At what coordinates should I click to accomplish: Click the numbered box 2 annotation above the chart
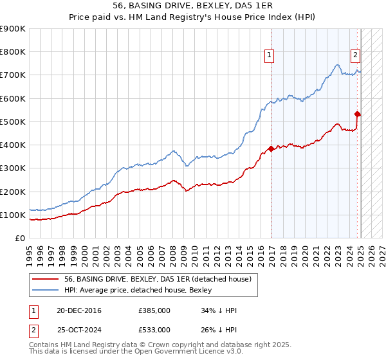354,55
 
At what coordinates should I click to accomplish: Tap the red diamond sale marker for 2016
271,148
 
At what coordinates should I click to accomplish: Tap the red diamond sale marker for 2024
358,114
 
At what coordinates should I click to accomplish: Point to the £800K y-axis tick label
13,52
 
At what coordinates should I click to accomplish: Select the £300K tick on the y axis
13,168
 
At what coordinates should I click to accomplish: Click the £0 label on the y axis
19,239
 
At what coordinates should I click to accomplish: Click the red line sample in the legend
46,279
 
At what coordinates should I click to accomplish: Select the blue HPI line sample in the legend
46,290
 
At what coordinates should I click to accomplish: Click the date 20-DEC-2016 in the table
78,311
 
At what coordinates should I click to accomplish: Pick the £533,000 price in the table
154,330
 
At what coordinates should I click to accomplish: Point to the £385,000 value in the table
154,311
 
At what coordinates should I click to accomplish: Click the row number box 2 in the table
32,330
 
